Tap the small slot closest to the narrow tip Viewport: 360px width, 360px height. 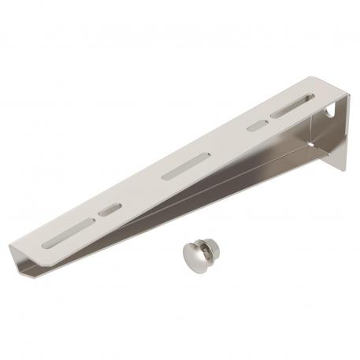tap(110, 210)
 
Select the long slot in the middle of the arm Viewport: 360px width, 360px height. tap(185, 166)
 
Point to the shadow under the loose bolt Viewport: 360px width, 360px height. tap(197, 272)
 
